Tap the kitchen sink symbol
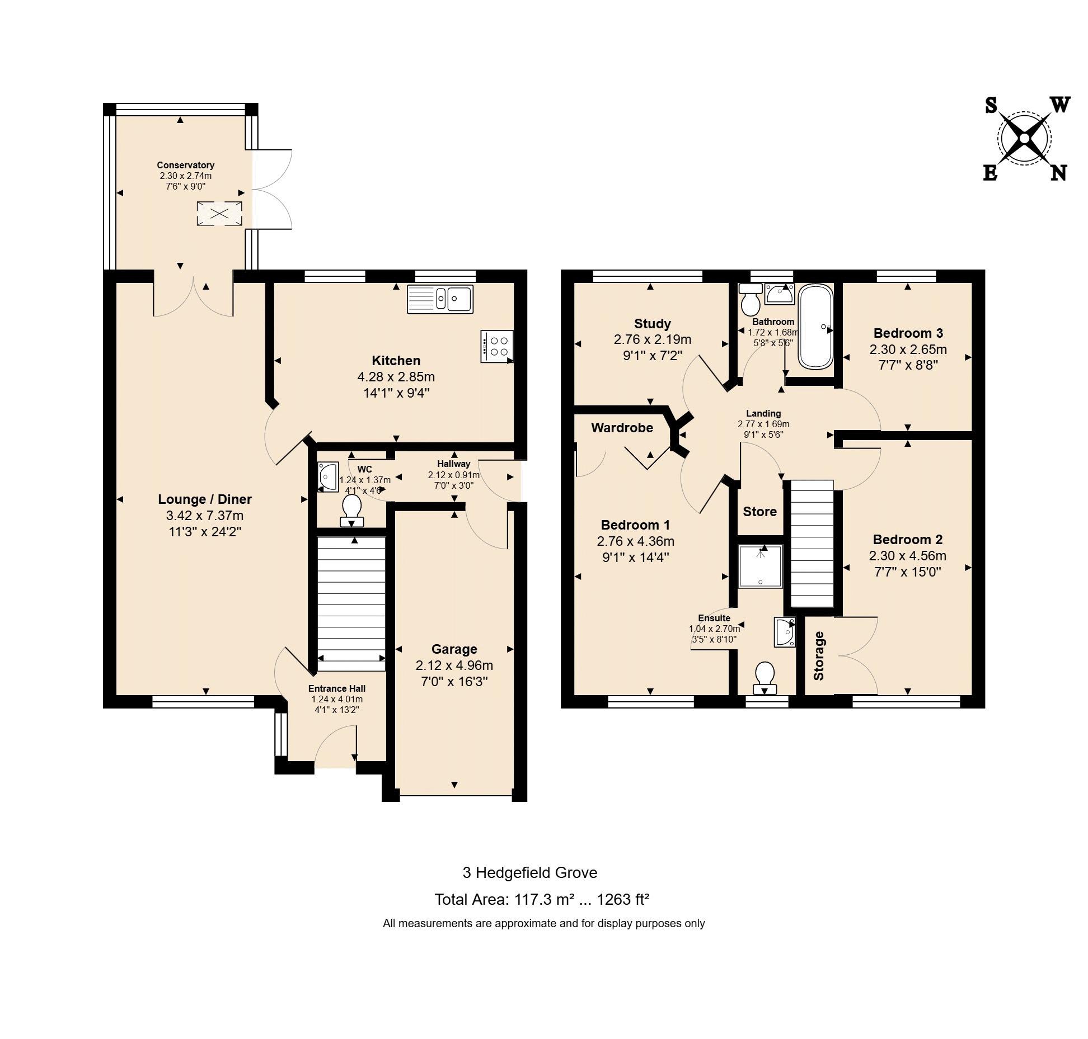coord(440,299)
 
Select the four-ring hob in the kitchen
coord(496,347)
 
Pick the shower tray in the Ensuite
coord(760,566)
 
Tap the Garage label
coord(454,649)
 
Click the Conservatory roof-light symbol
coord(220,214)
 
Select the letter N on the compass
coord(1058,173)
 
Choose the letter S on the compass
coord(991,105)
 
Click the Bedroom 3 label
coord(908,333)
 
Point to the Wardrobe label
coord(622,428)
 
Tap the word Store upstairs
coord(759,512)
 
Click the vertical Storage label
coord(819,655)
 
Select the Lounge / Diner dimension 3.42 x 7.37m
coord(205,515)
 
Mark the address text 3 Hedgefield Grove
coord(529,872)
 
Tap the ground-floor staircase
coord(351,604)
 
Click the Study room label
coord(652,324)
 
